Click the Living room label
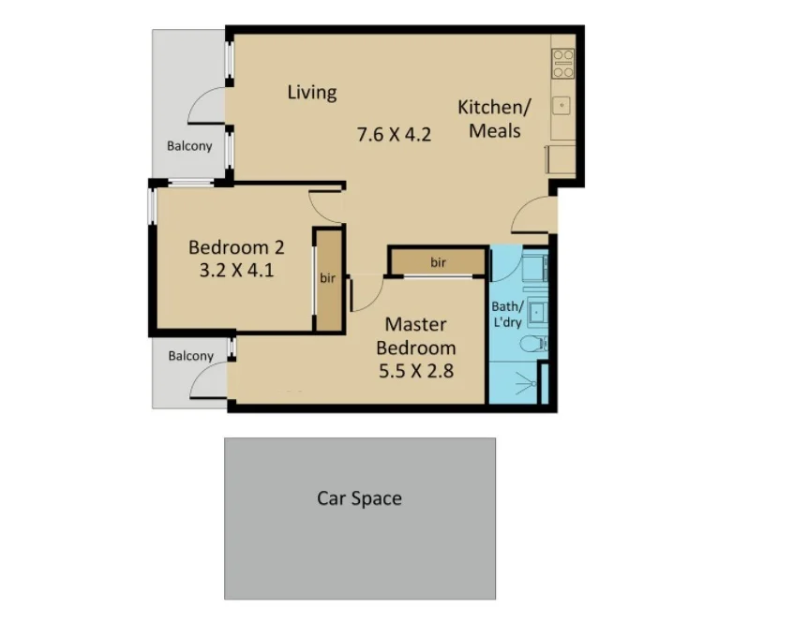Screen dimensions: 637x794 [312, 92]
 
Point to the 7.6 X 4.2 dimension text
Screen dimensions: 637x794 [394, 134]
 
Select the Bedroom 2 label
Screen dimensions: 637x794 [236, 248]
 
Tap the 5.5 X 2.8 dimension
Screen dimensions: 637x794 [416, 371]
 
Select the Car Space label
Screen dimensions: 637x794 [359, 498]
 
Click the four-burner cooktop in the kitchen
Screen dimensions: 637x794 [563, 62]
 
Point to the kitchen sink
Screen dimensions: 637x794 [564, 104]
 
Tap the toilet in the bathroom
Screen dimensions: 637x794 [535, 345]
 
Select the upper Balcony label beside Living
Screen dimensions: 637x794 [189, 146]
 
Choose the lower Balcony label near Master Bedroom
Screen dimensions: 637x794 [191, 356]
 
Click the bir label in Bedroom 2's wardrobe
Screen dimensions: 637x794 [328, 278]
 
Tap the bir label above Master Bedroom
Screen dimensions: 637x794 [439, 262]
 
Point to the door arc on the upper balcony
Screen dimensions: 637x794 [206, 106]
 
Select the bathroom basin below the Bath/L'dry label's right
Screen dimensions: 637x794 [536, 311]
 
